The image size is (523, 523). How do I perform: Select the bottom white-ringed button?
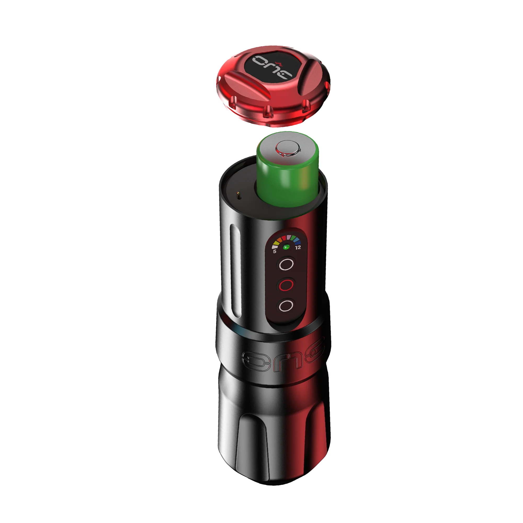286,306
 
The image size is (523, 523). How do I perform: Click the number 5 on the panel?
275,251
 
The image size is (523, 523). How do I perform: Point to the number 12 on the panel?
298,247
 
